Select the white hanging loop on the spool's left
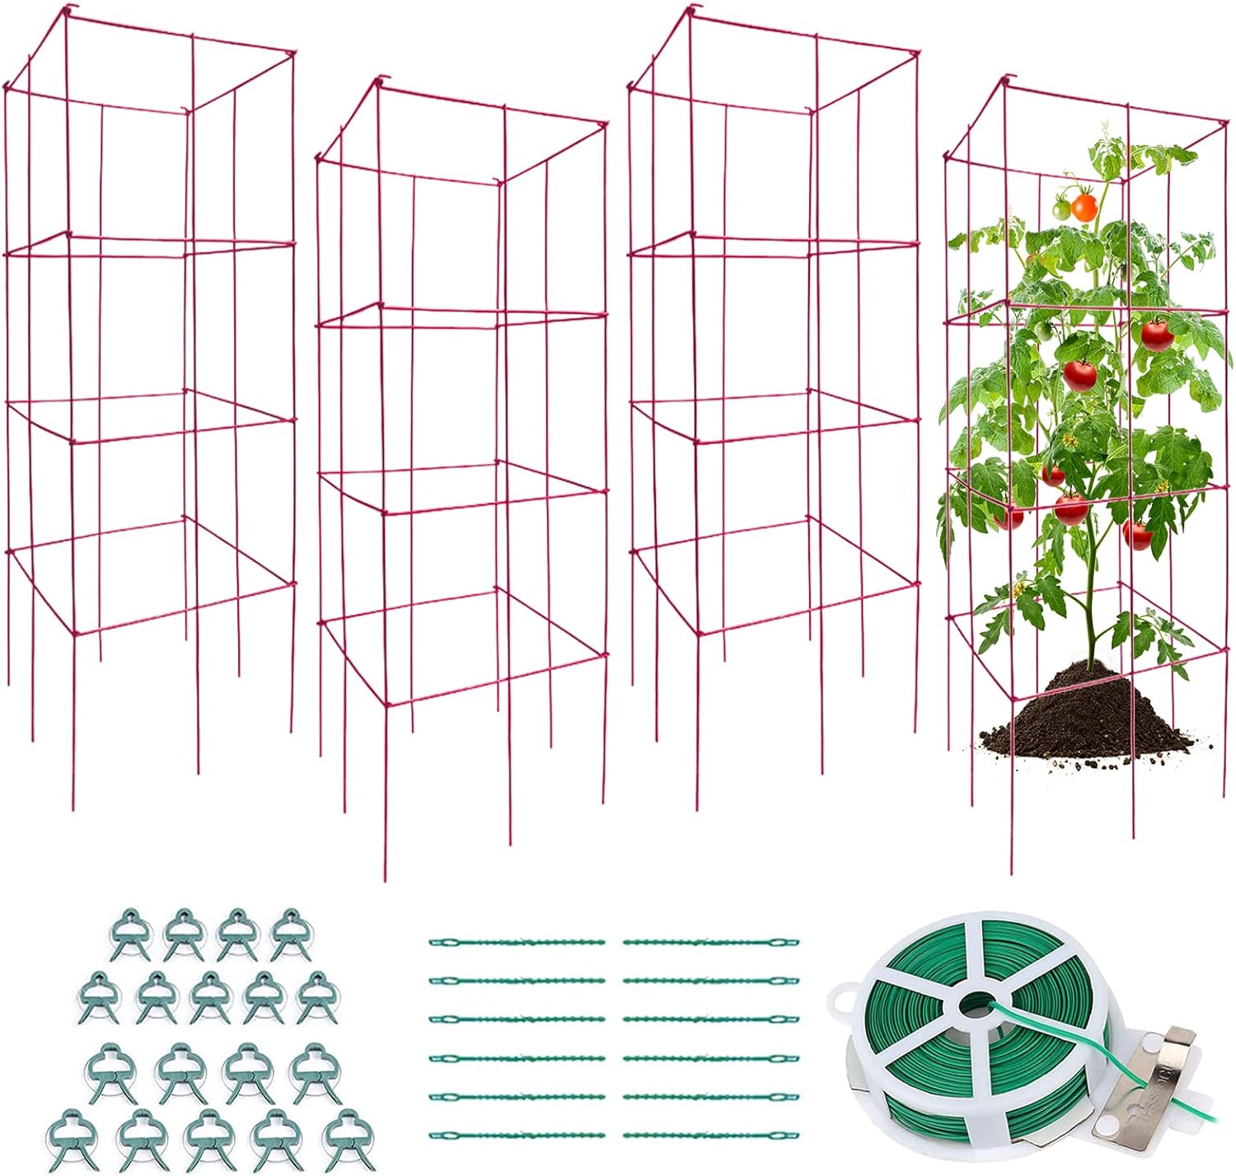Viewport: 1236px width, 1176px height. pyautogui.click(x=842, y=1000)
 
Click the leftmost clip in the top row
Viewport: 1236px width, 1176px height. pyautogui.click(x=130, y=935)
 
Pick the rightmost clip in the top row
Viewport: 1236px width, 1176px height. pyautogui.click(x=288, y=934)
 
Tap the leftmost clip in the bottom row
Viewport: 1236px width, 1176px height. pyautogui.click(x=70, y=1140)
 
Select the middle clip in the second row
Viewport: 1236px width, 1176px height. pyautogui.click(x=209, y=996)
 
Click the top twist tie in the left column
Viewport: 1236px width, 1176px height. pyautogui.click(x=517, y=942)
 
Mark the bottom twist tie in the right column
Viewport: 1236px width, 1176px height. pyautogui.click(x=711, y=1135)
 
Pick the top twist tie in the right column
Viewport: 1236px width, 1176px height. pyautogui.click(x=711, y=942)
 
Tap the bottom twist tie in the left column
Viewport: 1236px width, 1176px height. pyautogui.click(x=517, y=1135)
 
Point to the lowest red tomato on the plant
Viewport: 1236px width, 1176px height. pyautogui.click(x=1137, y=535)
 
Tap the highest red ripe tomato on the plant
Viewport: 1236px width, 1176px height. pyautogui.click(x=1157, y=333)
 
